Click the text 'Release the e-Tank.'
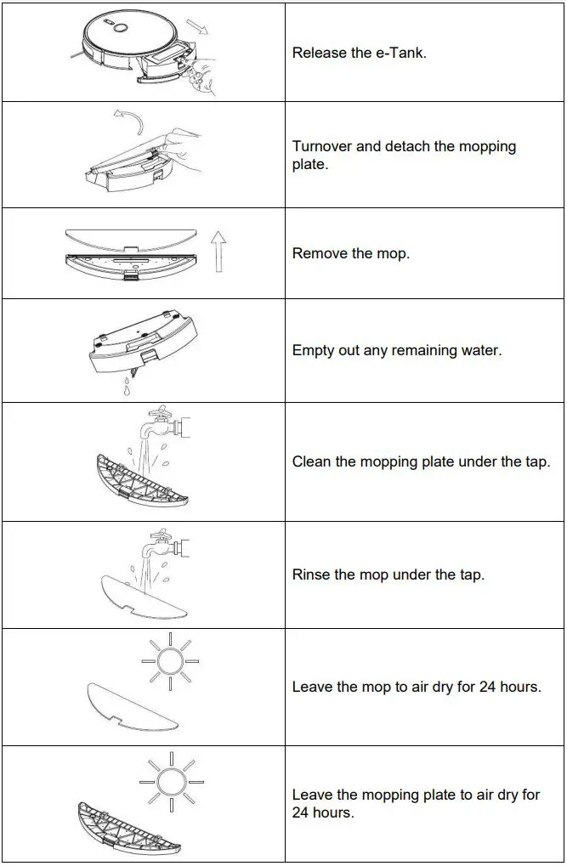359,53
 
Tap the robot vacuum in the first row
128,38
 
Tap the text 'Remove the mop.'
350,253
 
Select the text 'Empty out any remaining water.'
396,350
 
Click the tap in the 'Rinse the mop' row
165,544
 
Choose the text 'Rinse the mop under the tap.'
388,575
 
